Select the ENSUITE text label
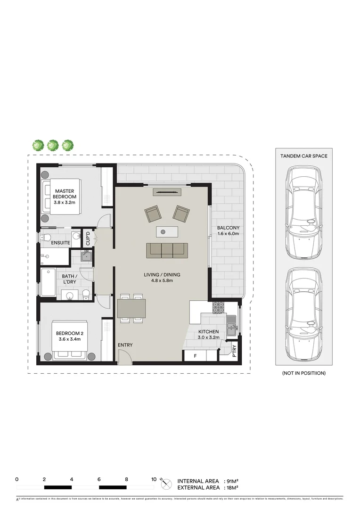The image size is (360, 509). pos(61,243)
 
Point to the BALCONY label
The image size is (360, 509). pos(228,230)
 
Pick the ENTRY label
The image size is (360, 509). pos(125,345)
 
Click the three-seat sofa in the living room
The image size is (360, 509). pos(164,250)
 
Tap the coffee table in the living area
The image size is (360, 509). pos(167,231)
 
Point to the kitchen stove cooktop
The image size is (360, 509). pos(219,308)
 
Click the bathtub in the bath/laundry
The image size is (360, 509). pos(49,282)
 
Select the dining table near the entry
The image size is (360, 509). pos(131,309)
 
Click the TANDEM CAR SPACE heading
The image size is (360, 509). pos(304,156)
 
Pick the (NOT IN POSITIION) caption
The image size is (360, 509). pos(304,373)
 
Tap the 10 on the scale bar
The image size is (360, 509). pos(154,479)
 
